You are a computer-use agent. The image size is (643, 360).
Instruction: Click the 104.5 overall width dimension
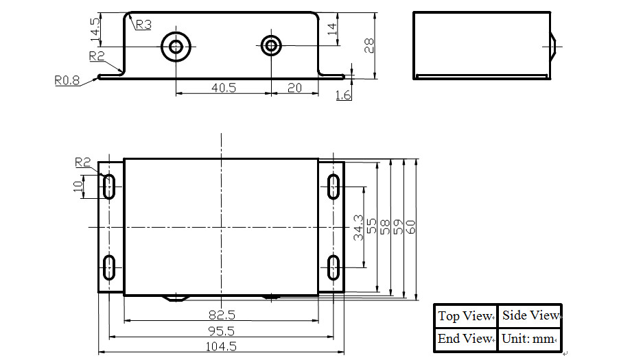(x=221, y=347)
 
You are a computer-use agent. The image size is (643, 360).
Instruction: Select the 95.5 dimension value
(x=221, y=331)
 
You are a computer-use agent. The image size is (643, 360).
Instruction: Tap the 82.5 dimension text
(x=221, y=315)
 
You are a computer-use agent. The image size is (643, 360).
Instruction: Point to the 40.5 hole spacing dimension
(x=224, y=88)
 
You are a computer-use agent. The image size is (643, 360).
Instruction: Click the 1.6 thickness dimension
(x=343, y=95)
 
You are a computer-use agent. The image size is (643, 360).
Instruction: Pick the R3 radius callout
(x=143, y=25)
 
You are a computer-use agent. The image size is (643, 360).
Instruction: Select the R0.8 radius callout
(x=67, y=80)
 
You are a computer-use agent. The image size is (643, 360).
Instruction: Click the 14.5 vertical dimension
(x=95, y=29)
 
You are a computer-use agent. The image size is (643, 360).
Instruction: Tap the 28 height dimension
(x=369, y=45)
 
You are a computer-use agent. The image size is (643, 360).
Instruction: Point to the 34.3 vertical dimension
(x=358, y=227)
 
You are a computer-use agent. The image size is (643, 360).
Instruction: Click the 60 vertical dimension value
(x=410, y=227)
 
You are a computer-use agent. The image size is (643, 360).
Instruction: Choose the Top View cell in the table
(x=465, y=316)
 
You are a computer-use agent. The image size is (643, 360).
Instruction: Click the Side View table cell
(x=530, y=315)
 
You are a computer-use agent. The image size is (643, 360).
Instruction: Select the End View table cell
(x=465, y=338)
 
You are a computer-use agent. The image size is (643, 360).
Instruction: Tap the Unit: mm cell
(x=530, y=338)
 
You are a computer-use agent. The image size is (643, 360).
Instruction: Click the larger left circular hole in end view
(x=176, y=47)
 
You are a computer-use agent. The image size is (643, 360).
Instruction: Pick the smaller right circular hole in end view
(x=272, y=46)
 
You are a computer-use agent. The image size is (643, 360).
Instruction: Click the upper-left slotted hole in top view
(x=109, y=186)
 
